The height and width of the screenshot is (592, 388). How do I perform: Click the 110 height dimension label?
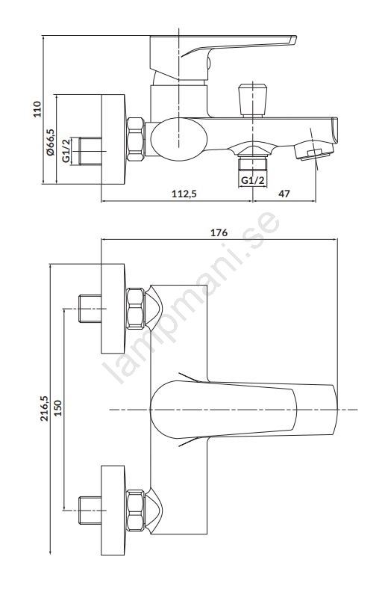pos(37,109)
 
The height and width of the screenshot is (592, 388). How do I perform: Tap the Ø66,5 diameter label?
pos(51,141)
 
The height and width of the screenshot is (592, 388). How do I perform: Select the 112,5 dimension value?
pos(184,194)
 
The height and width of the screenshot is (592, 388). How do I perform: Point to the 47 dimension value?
pos(284,194)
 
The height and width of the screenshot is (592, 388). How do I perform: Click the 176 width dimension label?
pos(219,232)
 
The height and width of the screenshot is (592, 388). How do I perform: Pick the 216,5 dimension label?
pos(45,408)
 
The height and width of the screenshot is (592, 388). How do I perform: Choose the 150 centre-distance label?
pos(57,408)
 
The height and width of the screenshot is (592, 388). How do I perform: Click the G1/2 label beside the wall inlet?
pos(66,151)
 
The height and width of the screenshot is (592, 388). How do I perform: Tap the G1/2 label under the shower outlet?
pos(253,180)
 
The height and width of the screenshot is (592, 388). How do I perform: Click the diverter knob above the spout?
pos(253,100)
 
